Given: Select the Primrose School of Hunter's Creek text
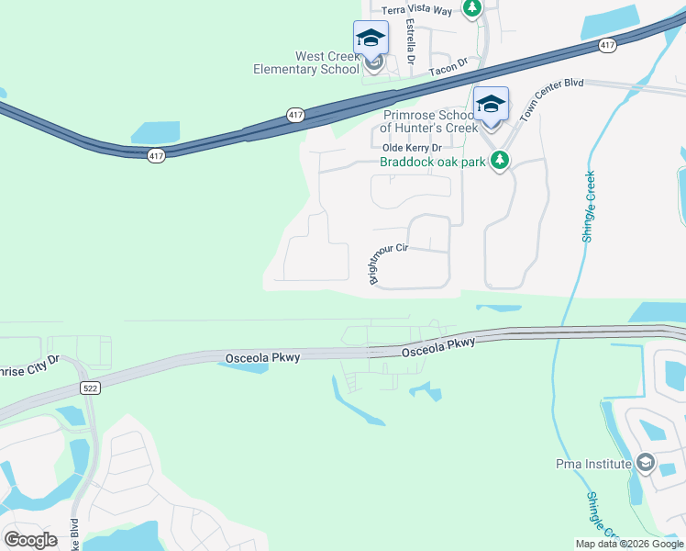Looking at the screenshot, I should coord(429,121).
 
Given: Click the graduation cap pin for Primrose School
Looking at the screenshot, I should coord(491,104).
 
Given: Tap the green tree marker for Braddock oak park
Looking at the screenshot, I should coord(500,162).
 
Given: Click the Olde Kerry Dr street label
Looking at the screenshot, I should coord(412,148).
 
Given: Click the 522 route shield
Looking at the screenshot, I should coord(88,388).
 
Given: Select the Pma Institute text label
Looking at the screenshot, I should coord(594,464).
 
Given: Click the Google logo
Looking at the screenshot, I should coord(30,539).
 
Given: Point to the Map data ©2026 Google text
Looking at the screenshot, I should coord(628,544).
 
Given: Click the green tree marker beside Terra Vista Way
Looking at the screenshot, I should coord(471,8).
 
